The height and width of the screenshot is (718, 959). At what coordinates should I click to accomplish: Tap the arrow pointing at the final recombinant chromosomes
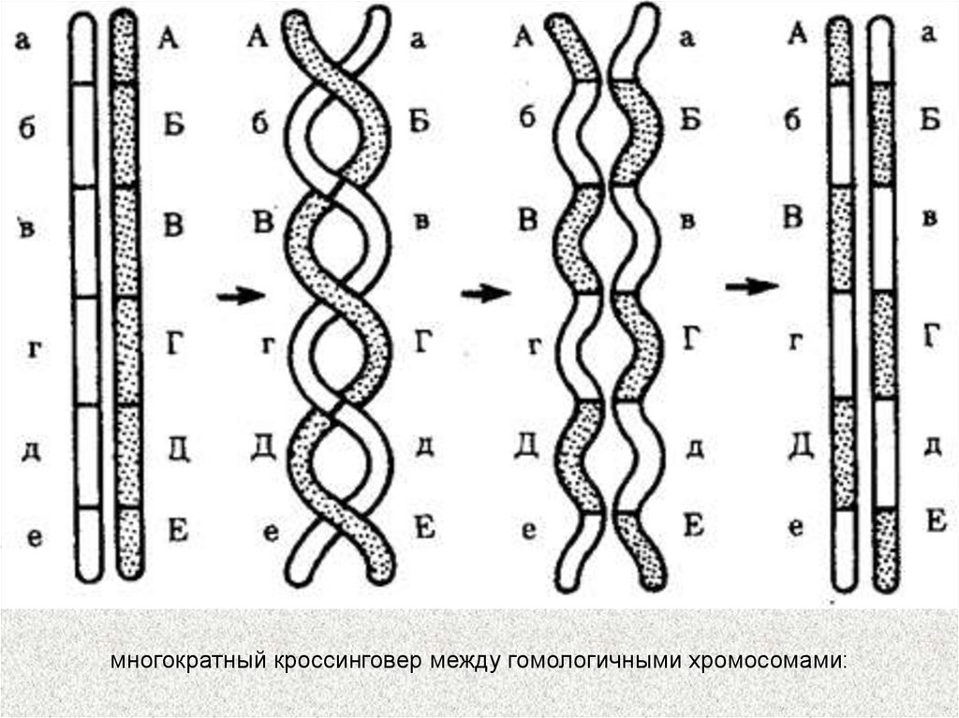[752, 286]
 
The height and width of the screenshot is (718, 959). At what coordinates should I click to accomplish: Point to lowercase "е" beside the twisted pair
[271, 533]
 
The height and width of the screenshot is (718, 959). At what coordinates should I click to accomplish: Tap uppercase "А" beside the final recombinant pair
[796, 36]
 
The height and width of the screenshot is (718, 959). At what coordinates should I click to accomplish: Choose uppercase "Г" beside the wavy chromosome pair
[691, 338]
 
